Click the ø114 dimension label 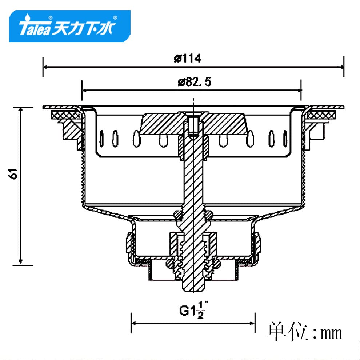click(x=187, y=58)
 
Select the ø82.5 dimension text click(x=195, y=82)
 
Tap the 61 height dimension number click(x=13, y=174)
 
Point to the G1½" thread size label click(x=194, y=310)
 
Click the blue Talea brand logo click(x=70, y=26)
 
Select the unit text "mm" click(x=331, y=333)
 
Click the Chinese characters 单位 click(x=287, y=332)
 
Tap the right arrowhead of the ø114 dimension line click(x=342, y=67)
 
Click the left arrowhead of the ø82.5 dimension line click(x=84, y=91)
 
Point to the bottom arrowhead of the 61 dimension click(x=21, y=262)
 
